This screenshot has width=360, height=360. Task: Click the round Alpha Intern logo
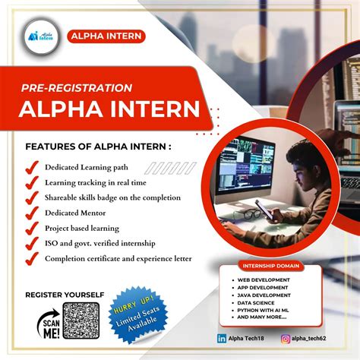pos(37,36)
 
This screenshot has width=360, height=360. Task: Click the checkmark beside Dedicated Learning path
pos(32,167)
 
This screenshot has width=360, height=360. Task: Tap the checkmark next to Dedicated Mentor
pos(32,213)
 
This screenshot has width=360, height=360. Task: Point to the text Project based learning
pos(82,228)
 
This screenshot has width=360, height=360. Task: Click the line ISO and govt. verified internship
pos(101,243)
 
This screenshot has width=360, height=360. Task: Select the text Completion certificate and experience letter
pos(118,258)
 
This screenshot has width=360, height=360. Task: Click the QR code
pos(81,321)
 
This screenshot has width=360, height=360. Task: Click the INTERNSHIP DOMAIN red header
pos(270,267)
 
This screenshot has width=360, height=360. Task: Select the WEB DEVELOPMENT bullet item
pos(263,280)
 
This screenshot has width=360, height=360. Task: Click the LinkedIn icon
pos(222,338)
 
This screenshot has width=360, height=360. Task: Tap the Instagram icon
pos(286,338)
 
